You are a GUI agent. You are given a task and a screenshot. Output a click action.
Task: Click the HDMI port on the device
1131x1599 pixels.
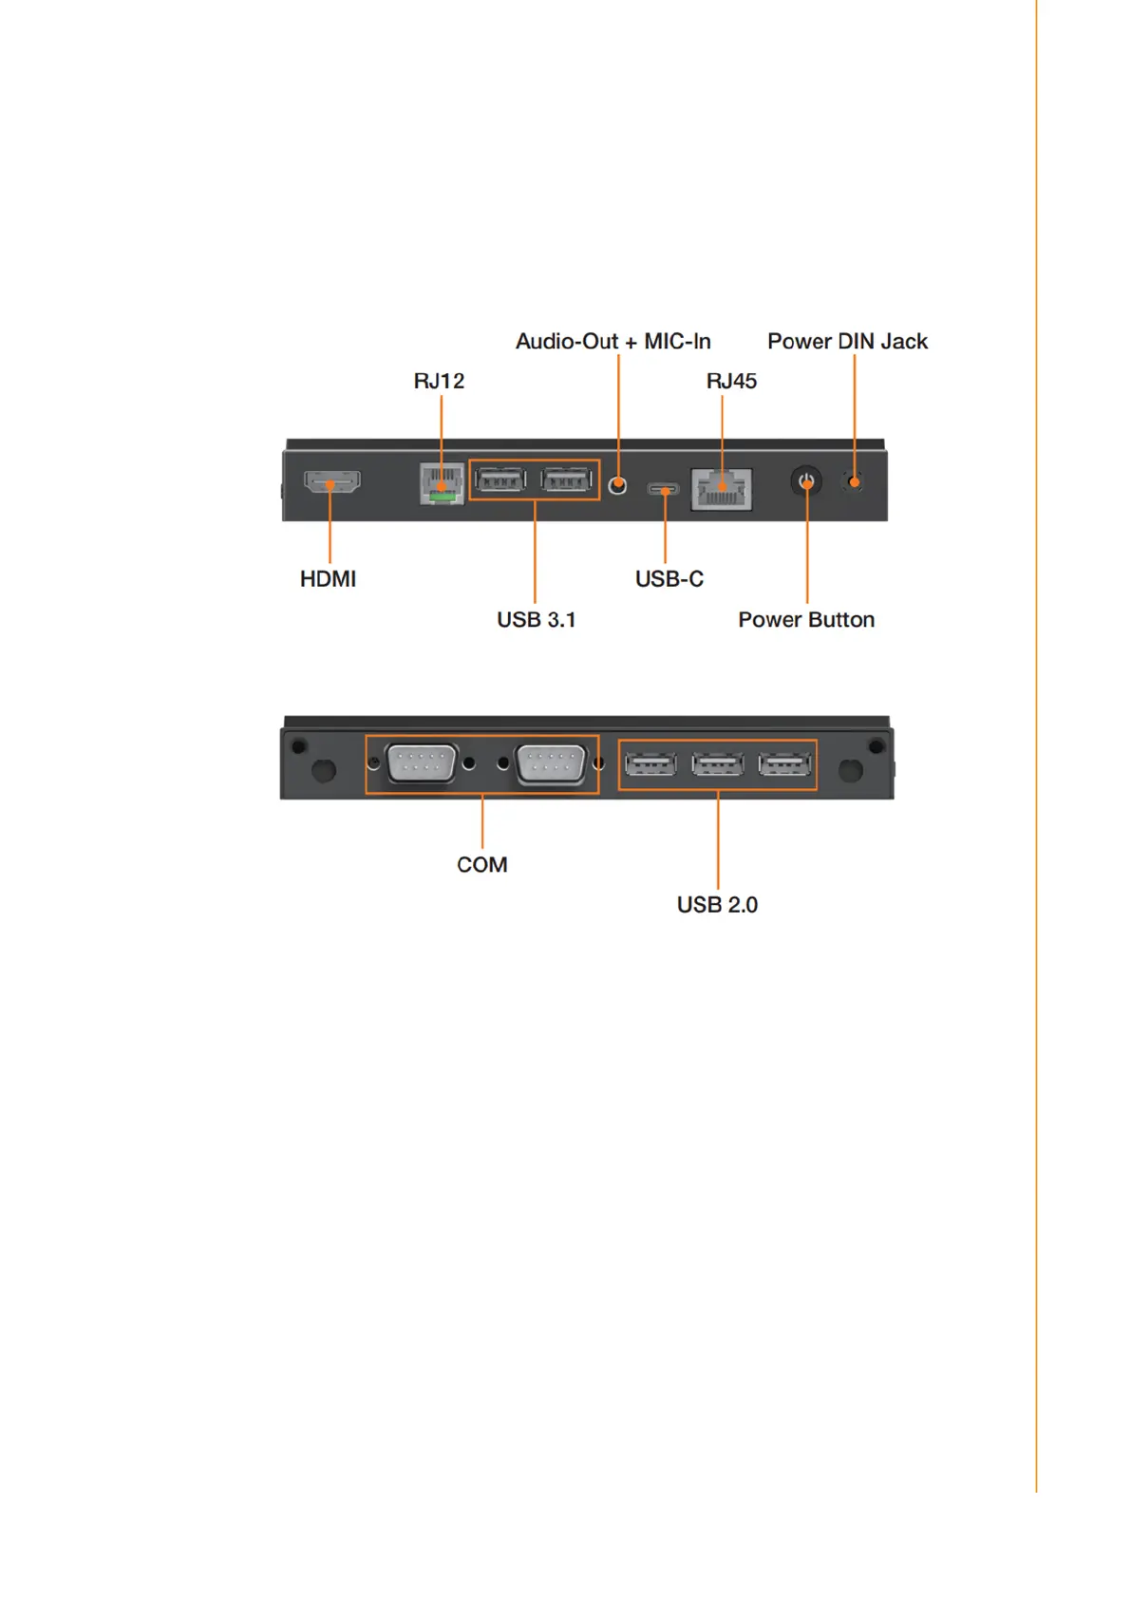331,481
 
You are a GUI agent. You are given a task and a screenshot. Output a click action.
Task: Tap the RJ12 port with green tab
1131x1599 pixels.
442,483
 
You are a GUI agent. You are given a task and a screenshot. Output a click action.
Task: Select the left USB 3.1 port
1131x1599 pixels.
500,480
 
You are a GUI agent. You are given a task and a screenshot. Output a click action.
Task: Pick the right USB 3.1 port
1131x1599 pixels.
566,480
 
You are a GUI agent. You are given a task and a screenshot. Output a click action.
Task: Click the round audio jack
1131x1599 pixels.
617,486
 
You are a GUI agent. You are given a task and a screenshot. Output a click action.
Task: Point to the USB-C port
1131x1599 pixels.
664,490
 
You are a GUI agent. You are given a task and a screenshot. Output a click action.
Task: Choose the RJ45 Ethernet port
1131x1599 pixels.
722,489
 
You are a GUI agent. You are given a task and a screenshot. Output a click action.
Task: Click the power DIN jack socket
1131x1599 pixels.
854,482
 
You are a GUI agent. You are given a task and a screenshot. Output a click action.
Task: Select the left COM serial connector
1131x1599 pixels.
422,763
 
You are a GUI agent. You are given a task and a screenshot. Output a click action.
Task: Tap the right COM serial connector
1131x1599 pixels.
551,763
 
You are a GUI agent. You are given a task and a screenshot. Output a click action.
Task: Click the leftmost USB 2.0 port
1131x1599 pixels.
650,763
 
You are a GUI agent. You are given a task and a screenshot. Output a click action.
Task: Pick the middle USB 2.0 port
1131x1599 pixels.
717,763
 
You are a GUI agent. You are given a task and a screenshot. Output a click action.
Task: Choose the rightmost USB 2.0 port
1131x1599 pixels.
784,763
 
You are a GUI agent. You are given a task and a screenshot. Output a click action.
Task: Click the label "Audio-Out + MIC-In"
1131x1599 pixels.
613,342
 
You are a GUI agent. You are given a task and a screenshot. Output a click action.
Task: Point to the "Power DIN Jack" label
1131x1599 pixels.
847,342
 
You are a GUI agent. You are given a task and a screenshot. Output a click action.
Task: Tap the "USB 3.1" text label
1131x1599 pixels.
536,620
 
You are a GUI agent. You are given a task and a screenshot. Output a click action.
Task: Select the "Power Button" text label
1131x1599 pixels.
806,620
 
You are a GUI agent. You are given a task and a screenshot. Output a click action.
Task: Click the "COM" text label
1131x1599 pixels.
481,865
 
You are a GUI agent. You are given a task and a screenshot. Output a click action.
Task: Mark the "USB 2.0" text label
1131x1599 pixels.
717,905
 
